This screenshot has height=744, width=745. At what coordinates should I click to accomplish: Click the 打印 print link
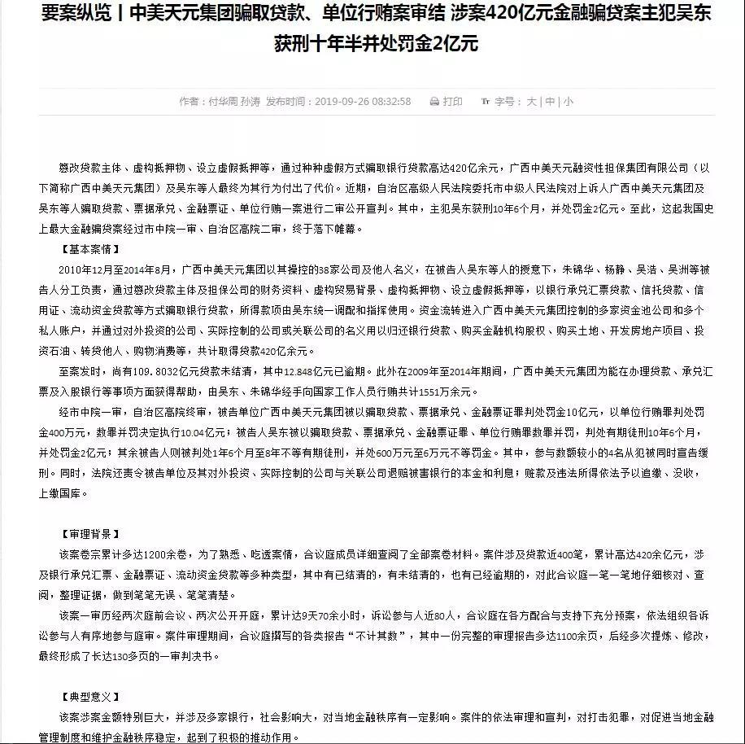click(453, 102)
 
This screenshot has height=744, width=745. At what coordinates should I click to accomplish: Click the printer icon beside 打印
click(434, 102)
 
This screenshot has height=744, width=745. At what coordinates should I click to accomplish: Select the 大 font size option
click(531, 102)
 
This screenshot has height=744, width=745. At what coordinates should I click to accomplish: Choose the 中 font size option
click(550, 102)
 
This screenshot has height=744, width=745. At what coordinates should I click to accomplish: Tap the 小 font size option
click(568, 102)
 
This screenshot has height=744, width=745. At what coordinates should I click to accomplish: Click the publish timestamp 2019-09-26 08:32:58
click(362, 102)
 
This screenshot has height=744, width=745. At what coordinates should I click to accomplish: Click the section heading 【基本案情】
click(90, 248)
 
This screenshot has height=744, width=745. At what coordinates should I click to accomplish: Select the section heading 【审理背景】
click(90, 534)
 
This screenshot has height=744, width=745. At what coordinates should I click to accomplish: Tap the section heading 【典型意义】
click(90, 698)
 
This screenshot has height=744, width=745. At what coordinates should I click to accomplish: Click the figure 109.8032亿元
click(169, 371)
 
